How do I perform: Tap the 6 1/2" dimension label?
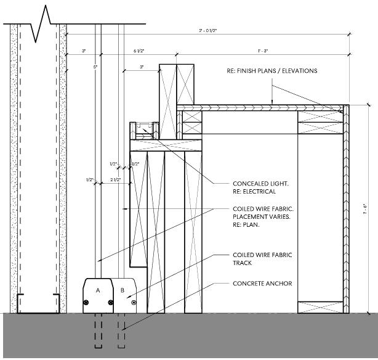pyautogui.click(x=139, y=50)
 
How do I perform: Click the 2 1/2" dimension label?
pyautogui.click(x=115, y=180)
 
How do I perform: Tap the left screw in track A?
pyautogui.click(x=87, y=302)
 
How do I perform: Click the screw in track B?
pyautogui.click(x=134, y=302)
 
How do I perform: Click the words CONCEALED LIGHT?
pyautogui.click(x=261, y=184)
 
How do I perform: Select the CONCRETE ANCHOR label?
pyautogui.click(x=262, y=284)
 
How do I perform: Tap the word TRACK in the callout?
pyautogui.click(x=243, y=263)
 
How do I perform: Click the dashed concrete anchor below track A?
pyautogui.click(x=99, y=332)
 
